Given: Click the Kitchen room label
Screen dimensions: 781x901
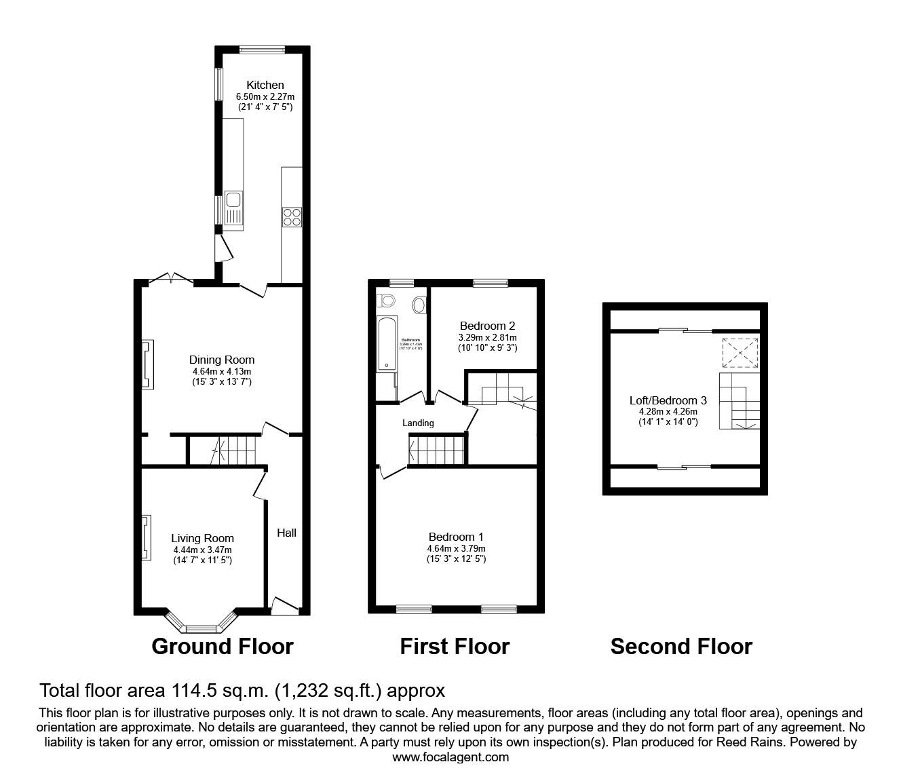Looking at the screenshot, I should point(265,85).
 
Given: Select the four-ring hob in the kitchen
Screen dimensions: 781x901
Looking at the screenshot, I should point(292,217).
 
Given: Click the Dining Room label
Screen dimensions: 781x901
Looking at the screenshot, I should point(221,360).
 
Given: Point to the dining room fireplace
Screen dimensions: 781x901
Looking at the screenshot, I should point(147,364).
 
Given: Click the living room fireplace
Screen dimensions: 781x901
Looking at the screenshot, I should point(146,537).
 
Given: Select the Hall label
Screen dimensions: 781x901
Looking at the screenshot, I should point(286,533).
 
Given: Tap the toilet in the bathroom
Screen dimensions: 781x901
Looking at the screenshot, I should point(387,300).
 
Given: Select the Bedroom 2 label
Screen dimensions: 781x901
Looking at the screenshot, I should point(487,326).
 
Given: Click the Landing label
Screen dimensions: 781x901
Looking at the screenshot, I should point(418,423).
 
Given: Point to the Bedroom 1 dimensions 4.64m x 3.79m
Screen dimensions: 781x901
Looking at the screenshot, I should point(456,549).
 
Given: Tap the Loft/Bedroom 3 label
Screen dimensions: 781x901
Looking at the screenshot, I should point(668,400).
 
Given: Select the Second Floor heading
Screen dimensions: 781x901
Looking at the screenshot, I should point(681,647).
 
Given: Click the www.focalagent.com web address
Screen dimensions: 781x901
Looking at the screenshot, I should point(450,757).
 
